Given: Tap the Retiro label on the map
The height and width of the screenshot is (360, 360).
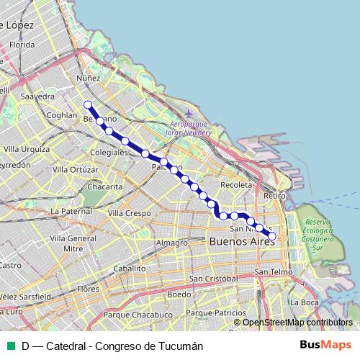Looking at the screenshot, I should pos(275,196).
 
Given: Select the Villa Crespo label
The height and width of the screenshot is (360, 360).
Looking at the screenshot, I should pos(129,214).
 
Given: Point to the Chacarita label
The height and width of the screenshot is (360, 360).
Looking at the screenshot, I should pos(104,186).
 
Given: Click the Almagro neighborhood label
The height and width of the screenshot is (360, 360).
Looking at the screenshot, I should pos(171,243).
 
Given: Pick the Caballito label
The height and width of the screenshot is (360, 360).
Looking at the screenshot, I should pos(129,268).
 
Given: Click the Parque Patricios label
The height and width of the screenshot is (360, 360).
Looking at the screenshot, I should pos(216,313).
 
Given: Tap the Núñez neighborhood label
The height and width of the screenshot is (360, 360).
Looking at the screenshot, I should pos(88,78).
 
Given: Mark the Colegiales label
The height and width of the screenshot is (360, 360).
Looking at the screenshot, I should pos(109,153).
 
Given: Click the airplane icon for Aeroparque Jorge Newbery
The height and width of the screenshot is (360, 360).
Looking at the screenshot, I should pos(189,114).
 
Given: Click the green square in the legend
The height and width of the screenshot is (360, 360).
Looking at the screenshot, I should pos(11,346).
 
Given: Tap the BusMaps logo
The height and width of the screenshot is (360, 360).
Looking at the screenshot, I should pos(326,345).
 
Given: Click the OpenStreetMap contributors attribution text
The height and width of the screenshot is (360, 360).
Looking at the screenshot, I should pos(297,323).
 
